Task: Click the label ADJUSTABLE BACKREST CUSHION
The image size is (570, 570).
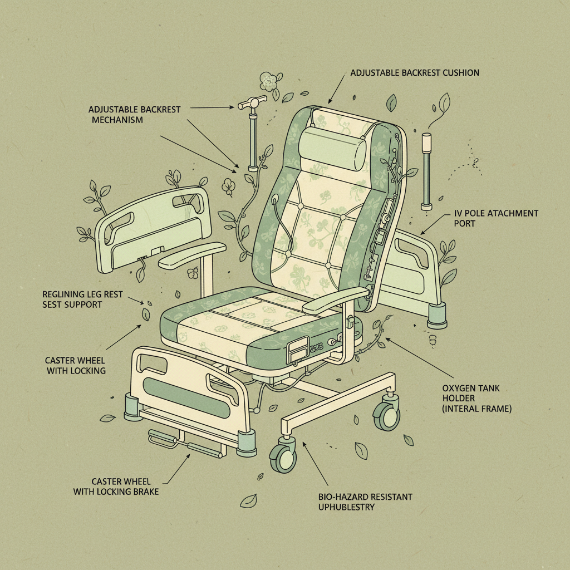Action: point(415,73)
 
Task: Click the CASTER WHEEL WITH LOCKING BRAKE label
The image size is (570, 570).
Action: point(116,486)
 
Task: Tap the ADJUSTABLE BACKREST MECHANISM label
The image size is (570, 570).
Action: point(134,114)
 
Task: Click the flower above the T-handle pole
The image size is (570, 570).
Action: point(269,82)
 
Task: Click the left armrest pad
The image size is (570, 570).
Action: point(191,253)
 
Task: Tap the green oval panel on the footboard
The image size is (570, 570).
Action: point(186,396)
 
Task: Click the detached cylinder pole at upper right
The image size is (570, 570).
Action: point(427,171)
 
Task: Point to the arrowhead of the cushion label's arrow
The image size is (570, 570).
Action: point(330,101)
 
